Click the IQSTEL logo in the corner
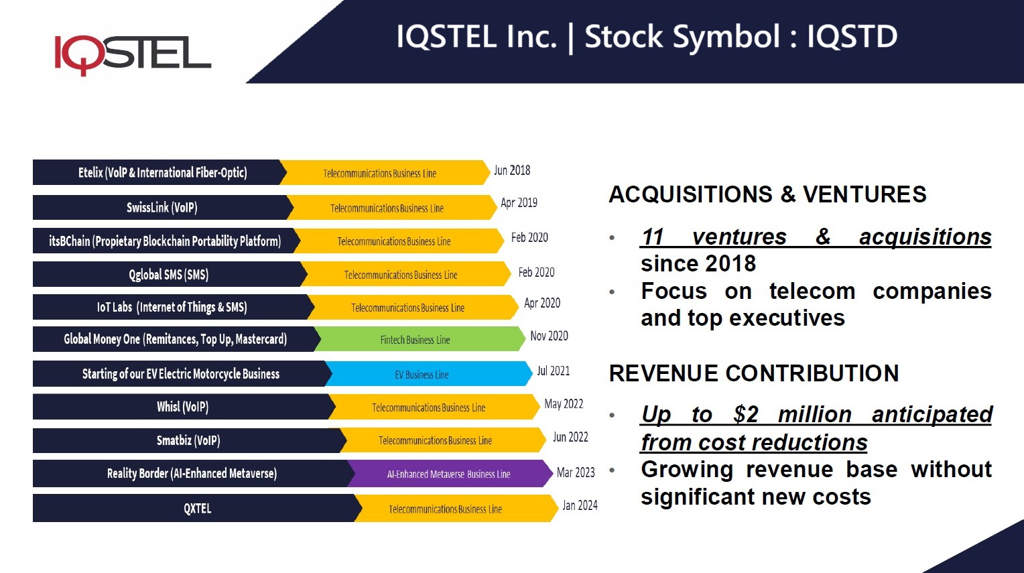pyautogui.click(x=132, y=54)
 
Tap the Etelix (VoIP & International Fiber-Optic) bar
pyautogui.click(x=162, y=172)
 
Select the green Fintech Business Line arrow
pyautogui.click(x=415, y=340)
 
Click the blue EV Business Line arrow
pyautogui.click(x=422, y=375)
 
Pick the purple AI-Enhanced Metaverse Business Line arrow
pyautogui.click(x=448, y=474)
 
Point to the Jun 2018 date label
pyautogui.click(x=512, y=170)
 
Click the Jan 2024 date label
pyautogui.click(x=580, y=505)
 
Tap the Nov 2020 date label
pyautogui.click(x=549, y=336)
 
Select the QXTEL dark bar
pyautogui.click(x=197, y=509)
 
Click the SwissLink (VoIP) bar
pyautogui.click(x=162, y=207)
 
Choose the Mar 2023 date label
pyautogui.click(x=576, y=472)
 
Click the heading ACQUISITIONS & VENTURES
pyautogui.click(x=767, y=194)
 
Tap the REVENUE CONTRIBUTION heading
pyautogui.click(x=753, y=373)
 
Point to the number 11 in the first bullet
pyautogui.click(x=653, y=237)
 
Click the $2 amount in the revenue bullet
pyautogui.click(x=745, y=415)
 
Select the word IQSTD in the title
pyautogui.click(x=852, y=36)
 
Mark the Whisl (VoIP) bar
pyautogui.click(x=182, y=407)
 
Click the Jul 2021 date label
pyautogui.click(x=553, y=371)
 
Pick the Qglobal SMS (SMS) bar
pyautogui.click(x=168, y=274)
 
